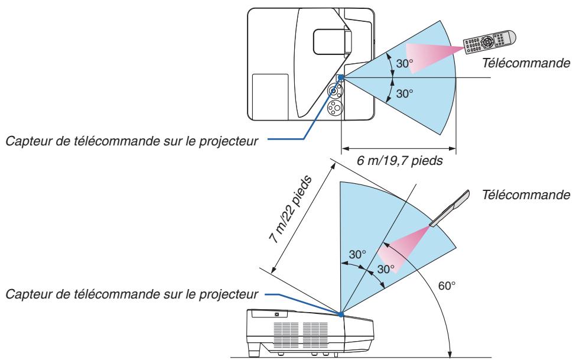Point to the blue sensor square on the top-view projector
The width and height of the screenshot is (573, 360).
click(x=340, y=77)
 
